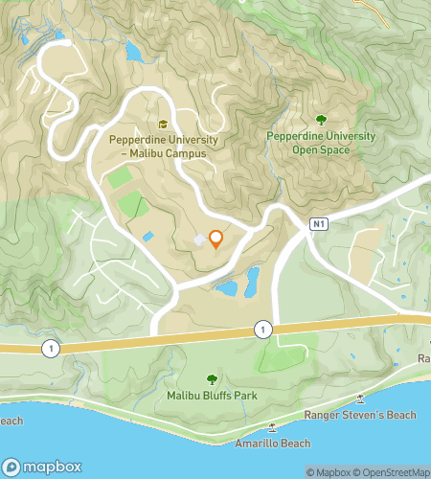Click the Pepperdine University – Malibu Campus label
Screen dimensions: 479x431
click(163, 146)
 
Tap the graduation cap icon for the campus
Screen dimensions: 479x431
click(163, 125)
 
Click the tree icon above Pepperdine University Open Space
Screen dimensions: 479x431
click(320, 121)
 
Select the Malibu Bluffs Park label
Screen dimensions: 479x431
click(212, 396)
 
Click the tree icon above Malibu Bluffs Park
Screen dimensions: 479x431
click(212, 379)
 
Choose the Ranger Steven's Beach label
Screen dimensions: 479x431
click(359, 415)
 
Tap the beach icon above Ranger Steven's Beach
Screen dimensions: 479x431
click(360, 399)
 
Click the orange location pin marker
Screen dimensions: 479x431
click(215, 239)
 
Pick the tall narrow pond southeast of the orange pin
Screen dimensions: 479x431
click(253, 281)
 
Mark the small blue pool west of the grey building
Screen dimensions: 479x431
click(147, 237)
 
